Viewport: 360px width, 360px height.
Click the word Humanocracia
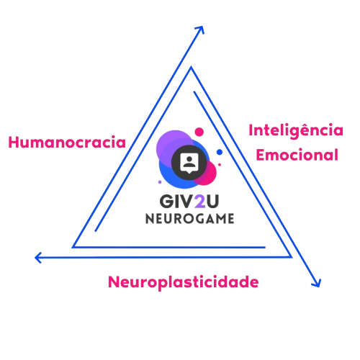(x=67, y=143)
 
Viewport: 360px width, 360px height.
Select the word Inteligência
(x=296, y=131)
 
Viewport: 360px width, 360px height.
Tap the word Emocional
(x=297, y=155)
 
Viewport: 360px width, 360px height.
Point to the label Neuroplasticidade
(x=184, y=282)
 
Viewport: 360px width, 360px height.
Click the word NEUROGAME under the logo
(x=190, y=219)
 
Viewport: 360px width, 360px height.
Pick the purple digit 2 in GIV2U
(x=200, y=201)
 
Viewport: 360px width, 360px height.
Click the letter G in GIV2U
(x=166, y=201)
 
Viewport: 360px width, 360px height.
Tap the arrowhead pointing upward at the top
(x=200, y=30)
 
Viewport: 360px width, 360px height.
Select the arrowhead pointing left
(x=38, y=258)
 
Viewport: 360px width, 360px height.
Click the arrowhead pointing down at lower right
(x=317, y=283)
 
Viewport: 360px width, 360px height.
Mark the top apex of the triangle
(x=191, y=67)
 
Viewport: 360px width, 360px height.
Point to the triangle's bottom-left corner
(x=73, y=247)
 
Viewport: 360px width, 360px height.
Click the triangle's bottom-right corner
(x=292, y=257)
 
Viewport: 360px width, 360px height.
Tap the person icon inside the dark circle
(x=189, y=161)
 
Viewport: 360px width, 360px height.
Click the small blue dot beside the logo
(x=220, y=152)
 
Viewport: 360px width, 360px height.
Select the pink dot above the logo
(x=199, y=132)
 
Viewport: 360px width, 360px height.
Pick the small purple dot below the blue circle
(x=160, y=182)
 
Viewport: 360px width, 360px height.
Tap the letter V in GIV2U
(x=187, y=201)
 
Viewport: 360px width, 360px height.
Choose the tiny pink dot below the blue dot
(x=220, y=165)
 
